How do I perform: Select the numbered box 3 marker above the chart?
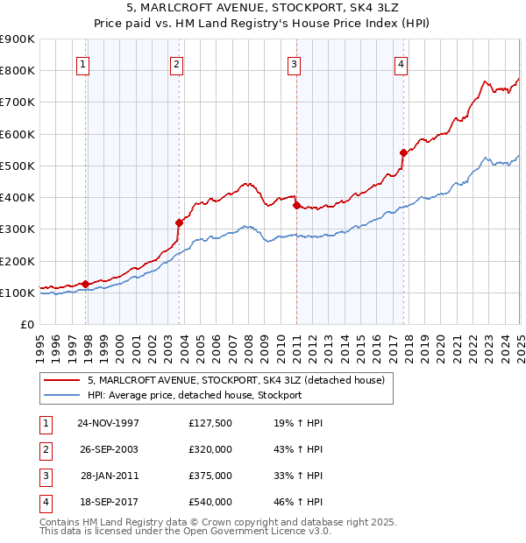pos(294,63)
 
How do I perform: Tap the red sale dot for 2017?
pos(403,152)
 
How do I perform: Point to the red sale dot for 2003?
pos(179,222)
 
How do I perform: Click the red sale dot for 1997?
pos(86,284)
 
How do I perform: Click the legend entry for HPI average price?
pos(195,395)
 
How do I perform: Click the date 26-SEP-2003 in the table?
pos(109,449)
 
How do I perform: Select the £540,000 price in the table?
pos(210,502)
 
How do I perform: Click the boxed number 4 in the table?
pos(44,502)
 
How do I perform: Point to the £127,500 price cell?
pos(210,423)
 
